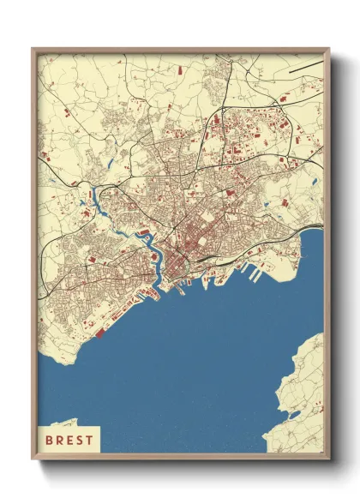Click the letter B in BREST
pos(49,439)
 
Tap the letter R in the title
pos(59,439)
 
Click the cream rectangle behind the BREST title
pos(69,439)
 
